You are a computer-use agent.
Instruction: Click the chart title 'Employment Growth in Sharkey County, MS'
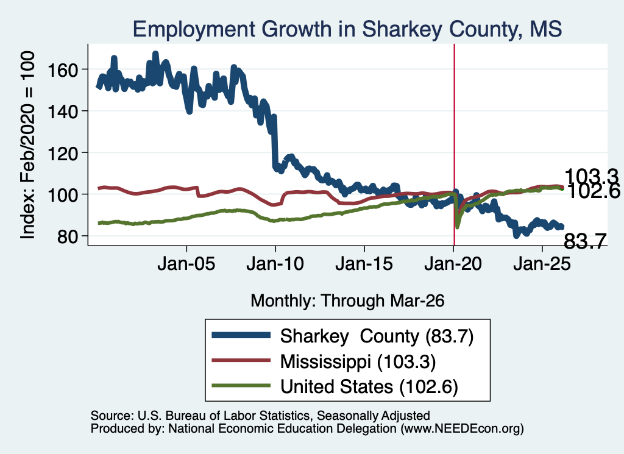pyautogui.click(x=347, y=29)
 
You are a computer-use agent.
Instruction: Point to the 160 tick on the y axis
pyautogui.click(x=62, y=71)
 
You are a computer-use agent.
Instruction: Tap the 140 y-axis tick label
pyautogui.click(x=62, y=112)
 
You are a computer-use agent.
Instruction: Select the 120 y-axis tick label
pyautogui.click(x=62, y=154)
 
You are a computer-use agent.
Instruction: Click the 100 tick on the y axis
pyautogui.click(x=62, y=196)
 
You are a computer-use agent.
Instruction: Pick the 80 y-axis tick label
pyautogui.click(x=67, y=237)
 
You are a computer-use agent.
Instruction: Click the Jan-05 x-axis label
pyautogui.click(x=186, y=264)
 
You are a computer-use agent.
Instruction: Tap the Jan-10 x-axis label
pyautogui.click(x=275, y=264)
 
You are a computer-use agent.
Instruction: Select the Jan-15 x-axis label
pyautogui.click(x=364, y=264)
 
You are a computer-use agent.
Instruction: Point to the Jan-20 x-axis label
pyautogui.click(x=453, y=264)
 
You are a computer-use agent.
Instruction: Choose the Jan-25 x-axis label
pyautogui.click(x=542, y=264)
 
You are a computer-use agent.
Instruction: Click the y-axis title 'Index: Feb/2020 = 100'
pyautogui.click(x=27, y=145)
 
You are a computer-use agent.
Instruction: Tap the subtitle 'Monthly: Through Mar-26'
pyautogui.click(x=347, y=301)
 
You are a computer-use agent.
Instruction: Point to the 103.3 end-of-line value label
pyautogui.click(x=591, y=176)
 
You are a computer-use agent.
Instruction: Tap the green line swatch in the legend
pyautogui.click(x=241, y=386)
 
